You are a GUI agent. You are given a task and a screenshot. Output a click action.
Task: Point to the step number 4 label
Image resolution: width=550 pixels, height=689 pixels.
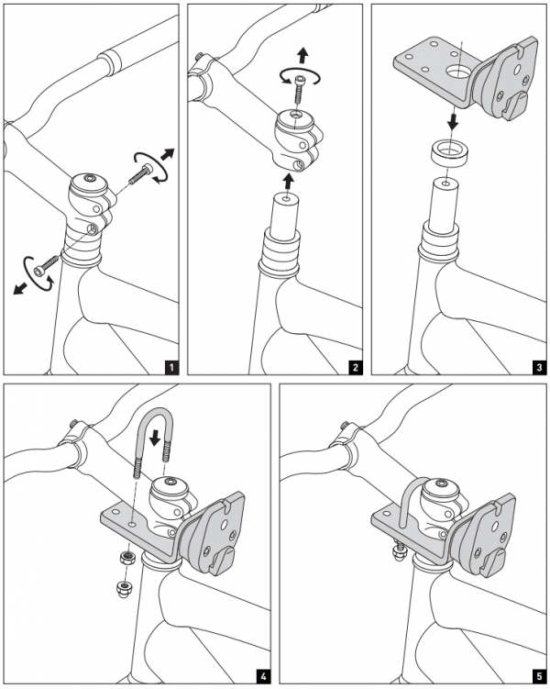(264, 677)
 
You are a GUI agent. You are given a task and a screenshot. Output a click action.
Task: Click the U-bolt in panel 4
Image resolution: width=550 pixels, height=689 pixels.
(152, 431)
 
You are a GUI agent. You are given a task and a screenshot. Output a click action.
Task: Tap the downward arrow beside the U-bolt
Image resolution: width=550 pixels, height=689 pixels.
(154, 429)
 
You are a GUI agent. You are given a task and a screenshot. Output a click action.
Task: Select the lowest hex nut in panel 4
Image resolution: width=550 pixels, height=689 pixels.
(124, 588)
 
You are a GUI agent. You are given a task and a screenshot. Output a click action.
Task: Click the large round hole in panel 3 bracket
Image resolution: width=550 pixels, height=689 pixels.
(456, 69)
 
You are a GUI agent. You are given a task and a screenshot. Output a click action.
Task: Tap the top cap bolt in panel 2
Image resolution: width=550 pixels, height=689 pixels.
(300, 88)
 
